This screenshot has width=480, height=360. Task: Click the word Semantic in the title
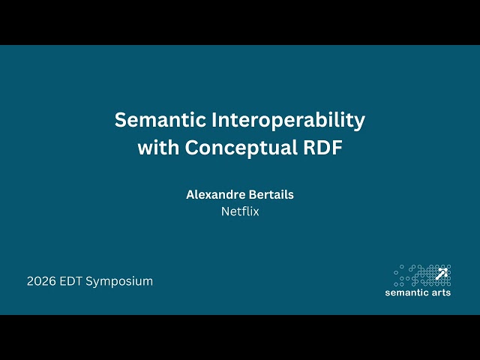[x=156, y=120]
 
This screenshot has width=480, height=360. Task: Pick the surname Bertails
[x=271, y=194]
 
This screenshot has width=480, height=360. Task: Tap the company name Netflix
[x=240, y=211]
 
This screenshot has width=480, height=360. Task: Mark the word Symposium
[x=119, y=281]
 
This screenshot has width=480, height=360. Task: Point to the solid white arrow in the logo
[x=442, y=273]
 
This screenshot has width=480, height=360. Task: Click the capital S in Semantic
[x=120, y=120]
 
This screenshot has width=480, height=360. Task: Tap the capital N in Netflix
[x=225, y=211]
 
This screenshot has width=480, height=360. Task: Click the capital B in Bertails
[x=253, y=194]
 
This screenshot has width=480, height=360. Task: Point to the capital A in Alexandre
[x=190, y=194]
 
